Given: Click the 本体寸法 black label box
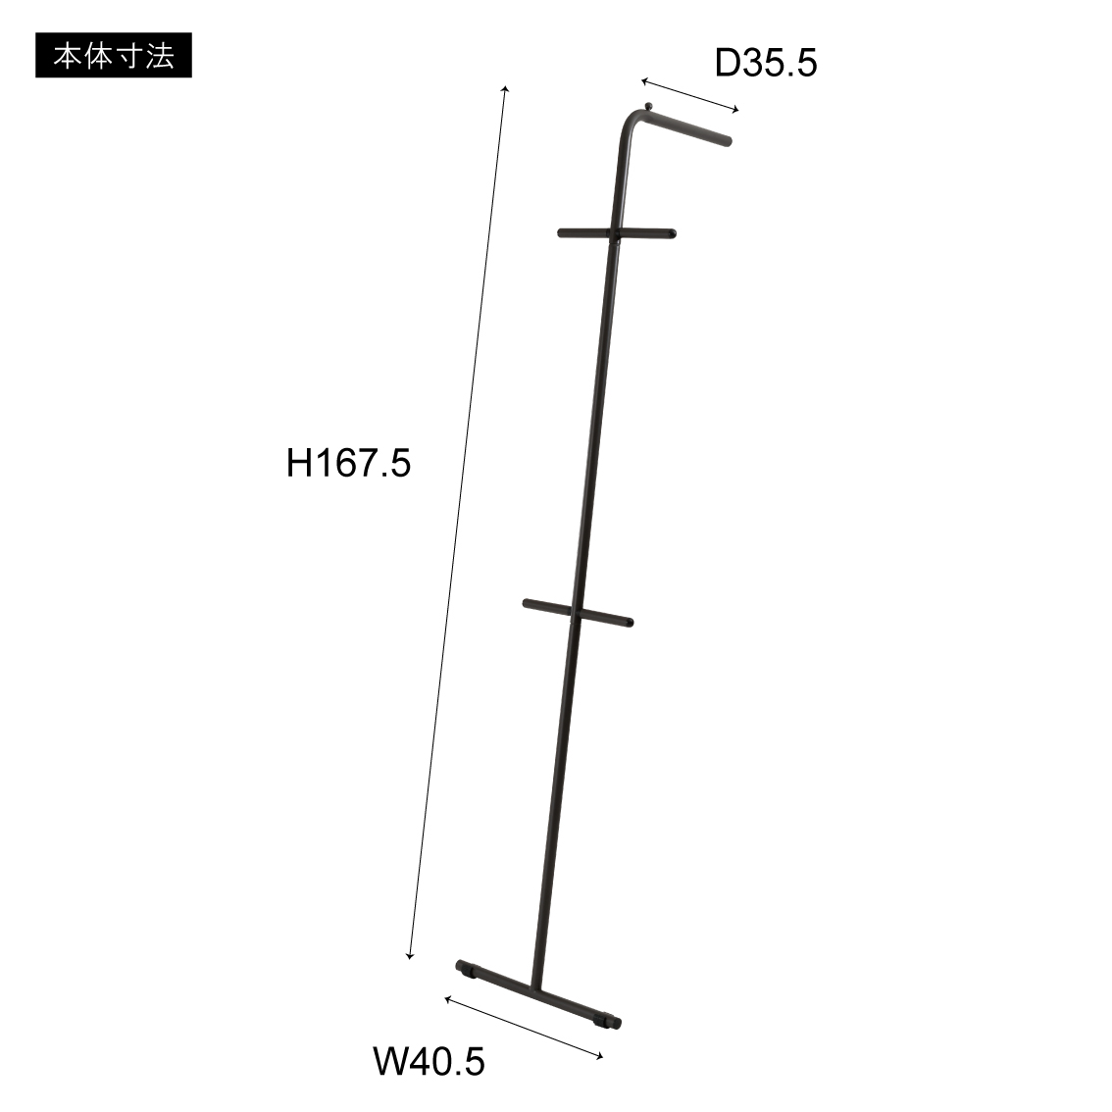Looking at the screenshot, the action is pos(114,55).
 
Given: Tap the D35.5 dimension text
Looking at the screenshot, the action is pos(766,63).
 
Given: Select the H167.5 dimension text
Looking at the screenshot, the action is pos(348,463).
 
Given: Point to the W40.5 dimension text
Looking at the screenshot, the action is pos(430,1062).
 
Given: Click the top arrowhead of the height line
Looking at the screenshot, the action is pos(505,88).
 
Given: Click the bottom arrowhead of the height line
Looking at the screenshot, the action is pos(409,957).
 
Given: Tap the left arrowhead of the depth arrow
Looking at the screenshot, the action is pos(644,81).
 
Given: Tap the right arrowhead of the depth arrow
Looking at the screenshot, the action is pos(735,110).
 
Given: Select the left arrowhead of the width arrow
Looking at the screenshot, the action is pos(447,999).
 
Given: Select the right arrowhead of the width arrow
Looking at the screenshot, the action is pos(600,1057).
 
